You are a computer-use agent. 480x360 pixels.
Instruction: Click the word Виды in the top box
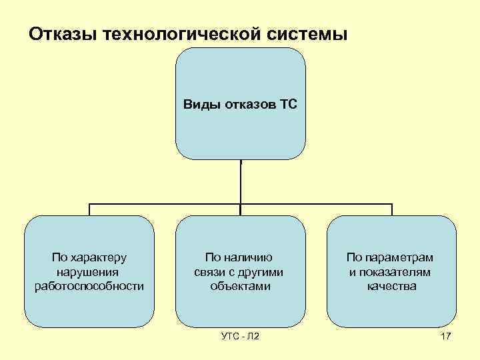tap(198, 104)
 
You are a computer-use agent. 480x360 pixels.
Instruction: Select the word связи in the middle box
tap(209, 272)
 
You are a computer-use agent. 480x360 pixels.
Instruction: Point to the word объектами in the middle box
tap(240, 286)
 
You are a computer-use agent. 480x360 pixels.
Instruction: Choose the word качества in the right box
tap(391, 286)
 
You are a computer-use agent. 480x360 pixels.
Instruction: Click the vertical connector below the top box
tap(240, 180)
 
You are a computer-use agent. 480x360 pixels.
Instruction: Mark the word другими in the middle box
tap(263, 272)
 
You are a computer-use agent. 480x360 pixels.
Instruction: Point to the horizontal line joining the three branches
tap(167, 203)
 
